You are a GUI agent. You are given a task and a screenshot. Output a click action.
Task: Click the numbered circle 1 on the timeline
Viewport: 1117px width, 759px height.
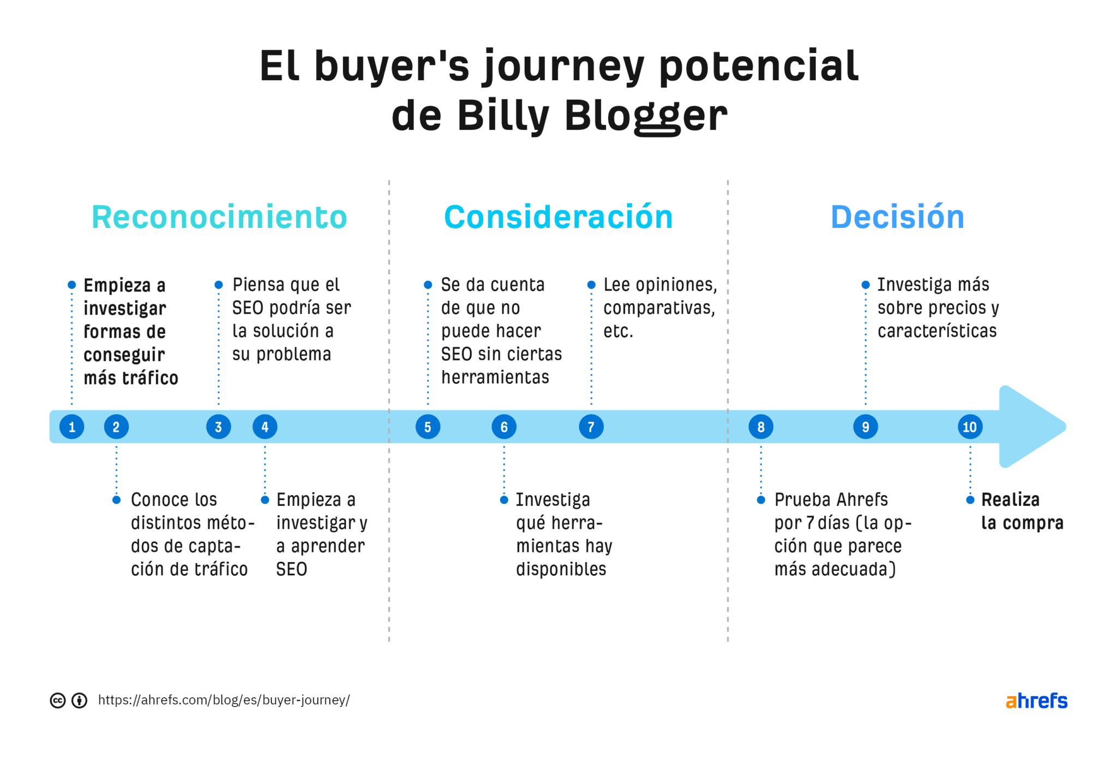tap(71, 427)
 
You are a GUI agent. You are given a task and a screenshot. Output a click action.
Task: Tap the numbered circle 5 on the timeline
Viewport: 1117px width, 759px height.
tap(428, 427)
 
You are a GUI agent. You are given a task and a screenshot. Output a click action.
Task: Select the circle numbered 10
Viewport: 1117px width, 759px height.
tap(970, 427)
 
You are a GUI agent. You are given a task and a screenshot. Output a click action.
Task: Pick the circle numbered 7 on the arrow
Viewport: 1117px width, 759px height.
tap(591, 427)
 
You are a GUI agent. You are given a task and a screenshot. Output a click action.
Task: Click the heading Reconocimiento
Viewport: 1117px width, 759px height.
tap(219, 217)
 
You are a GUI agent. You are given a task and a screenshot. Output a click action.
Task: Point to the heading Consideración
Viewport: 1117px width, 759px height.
tap(558, 217)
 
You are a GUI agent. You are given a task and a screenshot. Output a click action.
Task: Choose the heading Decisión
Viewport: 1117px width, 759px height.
tap(897, 217)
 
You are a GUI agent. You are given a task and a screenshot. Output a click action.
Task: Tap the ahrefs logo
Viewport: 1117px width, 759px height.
tap(1036, 701)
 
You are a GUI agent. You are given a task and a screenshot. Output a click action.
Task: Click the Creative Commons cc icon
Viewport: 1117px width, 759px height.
tap(58, 700)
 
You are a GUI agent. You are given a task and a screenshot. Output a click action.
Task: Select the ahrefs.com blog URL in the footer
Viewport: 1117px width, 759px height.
tap(224, 700)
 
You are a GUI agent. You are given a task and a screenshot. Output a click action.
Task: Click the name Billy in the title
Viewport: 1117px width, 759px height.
tap(503, 116)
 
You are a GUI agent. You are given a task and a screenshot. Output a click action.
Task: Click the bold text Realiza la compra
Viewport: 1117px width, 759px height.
tap(1021, 511)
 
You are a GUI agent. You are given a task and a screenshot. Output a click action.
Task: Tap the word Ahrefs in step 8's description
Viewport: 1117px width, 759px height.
tap(862, 499)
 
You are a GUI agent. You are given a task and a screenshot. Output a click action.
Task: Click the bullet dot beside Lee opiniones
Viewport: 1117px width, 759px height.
tap(591, 285)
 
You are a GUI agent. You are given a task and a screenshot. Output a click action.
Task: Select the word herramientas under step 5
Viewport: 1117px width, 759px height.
tap(495, 377)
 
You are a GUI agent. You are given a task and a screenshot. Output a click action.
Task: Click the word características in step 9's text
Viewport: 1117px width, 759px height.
tap(936, 331)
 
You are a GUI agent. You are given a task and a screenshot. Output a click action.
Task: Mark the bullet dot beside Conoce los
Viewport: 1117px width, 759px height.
tap(116, 499)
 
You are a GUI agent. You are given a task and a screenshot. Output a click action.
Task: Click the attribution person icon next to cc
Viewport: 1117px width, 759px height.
tap(80, 700)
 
